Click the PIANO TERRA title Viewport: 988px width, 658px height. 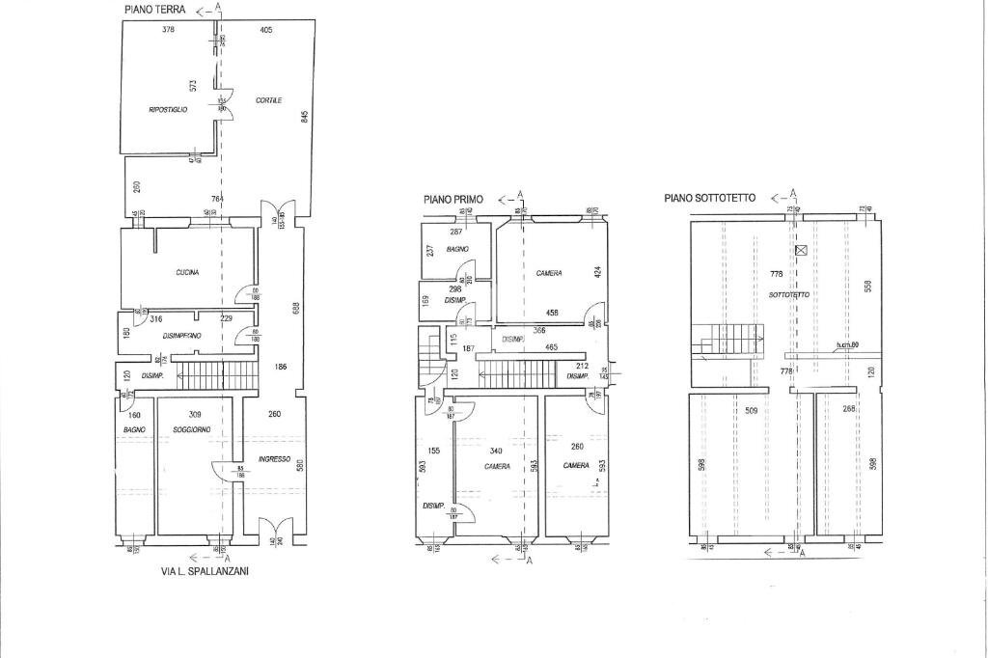click(x=154, y=9)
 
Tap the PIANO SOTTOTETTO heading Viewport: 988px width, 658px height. click(x=710, y=198)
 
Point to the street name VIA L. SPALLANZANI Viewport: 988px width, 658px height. click(x=204, y=571)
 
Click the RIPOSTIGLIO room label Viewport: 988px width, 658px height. click(x=168, y=110)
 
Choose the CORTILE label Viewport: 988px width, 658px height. click(x=268, y=100)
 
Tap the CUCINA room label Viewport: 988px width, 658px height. click(x=187, y=273)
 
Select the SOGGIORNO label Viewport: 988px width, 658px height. click(x=192, y=429)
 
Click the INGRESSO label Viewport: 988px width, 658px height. click(x=274, y=459)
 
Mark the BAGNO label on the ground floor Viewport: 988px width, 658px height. click(x=133, y=429)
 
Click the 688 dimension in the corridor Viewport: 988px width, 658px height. click(x=297, y=309)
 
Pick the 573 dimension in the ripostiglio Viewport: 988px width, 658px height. click(x=193, y=86)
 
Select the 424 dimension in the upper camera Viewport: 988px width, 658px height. click(x=598, y=273)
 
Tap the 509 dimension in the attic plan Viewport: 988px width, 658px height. click(x=751, y=410)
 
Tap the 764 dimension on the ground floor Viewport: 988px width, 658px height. click(x=217, y=199)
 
